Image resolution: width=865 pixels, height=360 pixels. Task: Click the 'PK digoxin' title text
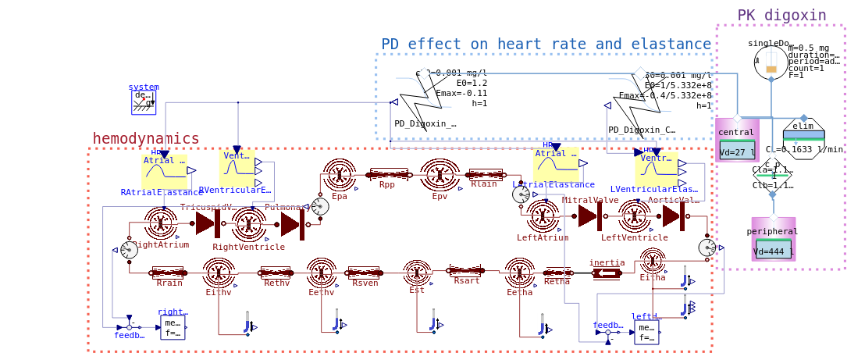point(781,15)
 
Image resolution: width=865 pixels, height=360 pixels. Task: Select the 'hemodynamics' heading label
point(146,138)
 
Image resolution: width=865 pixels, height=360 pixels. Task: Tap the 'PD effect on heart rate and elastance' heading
point(546,44)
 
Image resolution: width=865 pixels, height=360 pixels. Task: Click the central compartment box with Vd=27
point(737,140)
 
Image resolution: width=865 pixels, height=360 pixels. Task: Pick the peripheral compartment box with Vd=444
point(773,239)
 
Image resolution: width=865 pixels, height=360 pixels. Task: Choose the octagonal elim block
point(803,139)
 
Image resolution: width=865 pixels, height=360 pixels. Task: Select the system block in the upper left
point(144,102)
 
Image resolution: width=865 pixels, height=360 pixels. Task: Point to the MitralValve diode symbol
point(589,216)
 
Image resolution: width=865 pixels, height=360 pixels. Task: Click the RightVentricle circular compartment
point(248,223)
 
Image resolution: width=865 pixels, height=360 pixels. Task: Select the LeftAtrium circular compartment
point(543,216)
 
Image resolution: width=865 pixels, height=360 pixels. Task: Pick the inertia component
point(607,273)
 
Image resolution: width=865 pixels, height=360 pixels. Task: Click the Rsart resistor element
point(466,271)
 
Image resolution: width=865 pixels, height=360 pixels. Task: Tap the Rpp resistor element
point(388,175)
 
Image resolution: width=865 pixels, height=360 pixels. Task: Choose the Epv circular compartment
point(440,175)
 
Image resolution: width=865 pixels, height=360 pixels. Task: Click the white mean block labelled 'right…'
point(173,327)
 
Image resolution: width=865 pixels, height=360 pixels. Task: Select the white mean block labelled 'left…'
point(646,331)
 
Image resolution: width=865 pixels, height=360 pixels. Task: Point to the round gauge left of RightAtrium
point(129,249)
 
